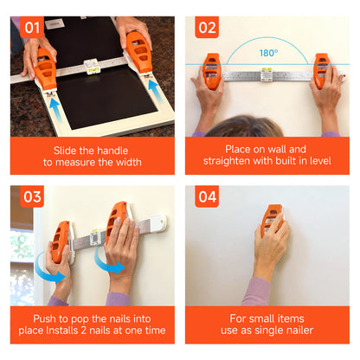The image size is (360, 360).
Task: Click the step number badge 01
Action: [32, 28]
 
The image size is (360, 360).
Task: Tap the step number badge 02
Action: [207, 28]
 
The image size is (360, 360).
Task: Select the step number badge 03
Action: [32, 196]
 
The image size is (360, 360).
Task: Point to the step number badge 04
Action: [207, 196]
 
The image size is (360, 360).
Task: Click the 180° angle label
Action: [268, 53]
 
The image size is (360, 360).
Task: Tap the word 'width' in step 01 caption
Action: [128, 162]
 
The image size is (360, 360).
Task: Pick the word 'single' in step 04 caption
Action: [274, 331]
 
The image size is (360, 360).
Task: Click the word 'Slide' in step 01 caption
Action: [65, 151]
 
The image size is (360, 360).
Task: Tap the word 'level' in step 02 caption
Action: [320, 161]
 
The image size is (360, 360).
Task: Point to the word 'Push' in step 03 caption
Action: [44, 318]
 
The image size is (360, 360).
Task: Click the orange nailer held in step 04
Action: [271, 220]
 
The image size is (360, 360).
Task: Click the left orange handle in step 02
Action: [212, 71]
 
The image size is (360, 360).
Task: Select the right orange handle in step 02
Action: [321, 71]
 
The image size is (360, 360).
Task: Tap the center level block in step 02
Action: [267, 74]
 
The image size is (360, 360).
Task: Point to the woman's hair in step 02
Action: [245, 126]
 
